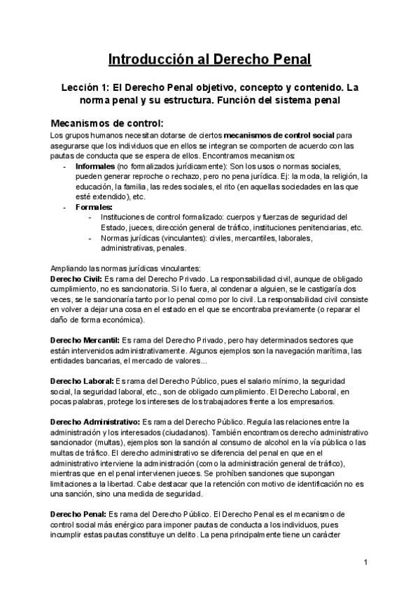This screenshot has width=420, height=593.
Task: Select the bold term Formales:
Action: coord(93,207)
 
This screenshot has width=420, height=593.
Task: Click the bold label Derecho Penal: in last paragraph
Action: coord(78,514)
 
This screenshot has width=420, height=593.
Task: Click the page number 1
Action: coord(366,562)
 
